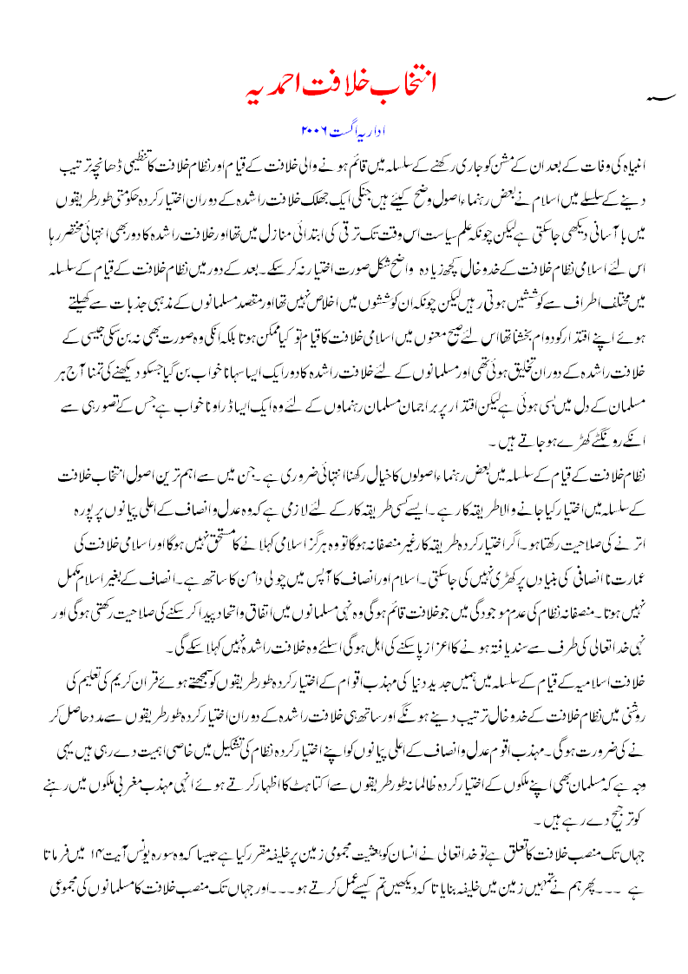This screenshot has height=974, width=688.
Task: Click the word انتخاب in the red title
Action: [409, 89]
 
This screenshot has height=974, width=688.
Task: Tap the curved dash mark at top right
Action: [660, 99]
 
